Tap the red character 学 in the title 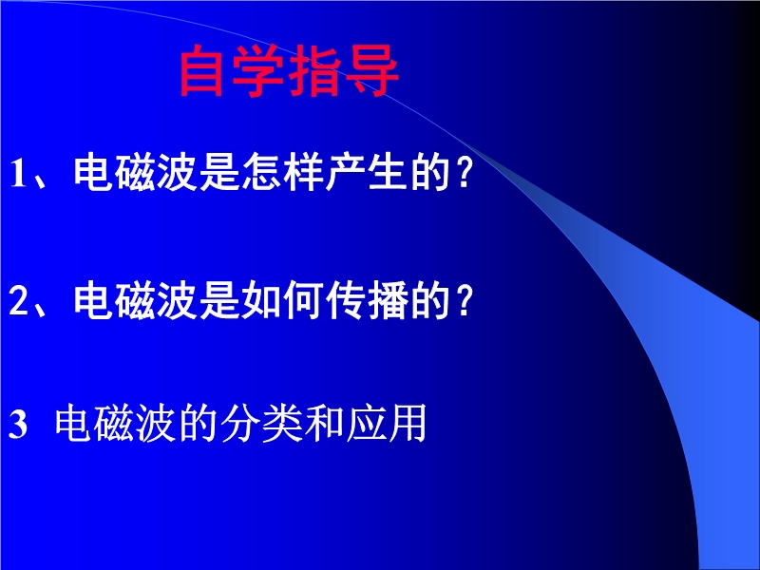coord(256,70)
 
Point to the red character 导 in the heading coord(371,70)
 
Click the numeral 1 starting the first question coord(18,173)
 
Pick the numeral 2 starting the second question coord(18,300)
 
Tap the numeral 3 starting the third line coord(18,424)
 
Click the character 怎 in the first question coord(262,172)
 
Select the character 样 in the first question coord(304,172)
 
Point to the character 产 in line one coord(346,172)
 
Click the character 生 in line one coord(388,172)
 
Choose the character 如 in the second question coord(262,300)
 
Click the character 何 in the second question coord(304,300)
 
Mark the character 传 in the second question coord(346,300)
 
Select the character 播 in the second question coord(388,300)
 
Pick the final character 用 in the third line coord(407,423)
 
